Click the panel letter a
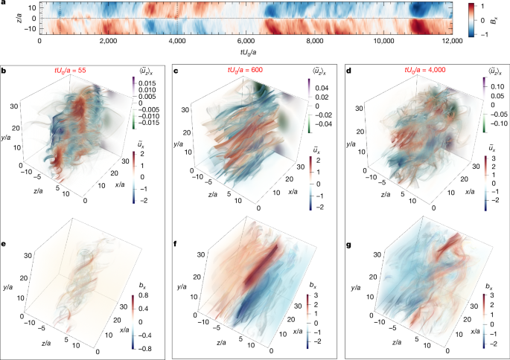pyautogui.click(x=4, y=4)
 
